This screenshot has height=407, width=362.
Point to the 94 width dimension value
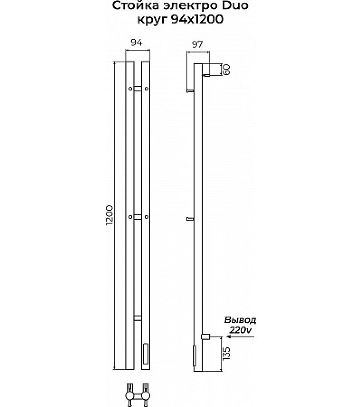137,43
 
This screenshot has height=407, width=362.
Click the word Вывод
240,320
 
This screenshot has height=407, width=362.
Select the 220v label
240,331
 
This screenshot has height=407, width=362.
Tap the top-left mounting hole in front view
130,89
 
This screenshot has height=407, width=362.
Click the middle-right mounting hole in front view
146,218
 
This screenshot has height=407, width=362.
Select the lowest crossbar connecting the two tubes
138,318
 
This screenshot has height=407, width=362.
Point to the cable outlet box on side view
205,336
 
